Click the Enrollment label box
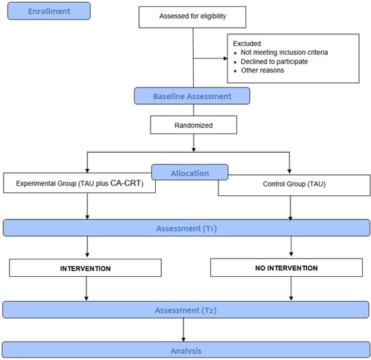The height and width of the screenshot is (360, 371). tap(49, 11)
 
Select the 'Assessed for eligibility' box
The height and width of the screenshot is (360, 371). tap(192, 17)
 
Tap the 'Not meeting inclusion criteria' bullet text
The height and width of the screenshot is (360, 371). tap(284, 52)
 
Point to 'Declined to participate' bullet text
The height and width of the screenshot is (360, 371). tap(275, 61)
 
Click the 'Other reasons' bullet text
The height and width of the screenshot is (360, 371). tap(262, 70)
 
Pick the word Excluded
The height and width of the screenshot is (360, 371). tap(247, 44)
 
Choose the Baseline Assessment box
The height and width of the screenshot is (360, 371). tap(192, 96)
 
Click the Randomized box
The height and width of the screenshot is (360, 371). tap(194, 125)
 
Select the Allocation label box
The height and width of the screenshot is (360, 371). tap(190, 173)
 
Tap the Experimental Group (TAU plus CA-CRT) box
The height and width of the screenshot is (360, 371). tap(80, 183)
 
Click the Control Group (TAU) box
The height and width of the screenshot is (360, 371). tap(294, 186)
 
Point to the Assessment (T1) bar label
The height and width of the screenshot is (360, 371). tap(186, 228)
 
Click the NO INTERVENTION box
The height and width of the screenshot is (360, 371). tap(287, 267)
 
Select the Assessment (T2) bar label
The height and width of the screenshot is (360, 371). tap(185, 310)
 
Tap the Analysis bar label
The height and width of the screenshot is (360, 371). tap(186, 351)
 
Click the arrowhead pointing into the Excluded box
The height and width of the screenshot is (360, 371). tap(225, 58)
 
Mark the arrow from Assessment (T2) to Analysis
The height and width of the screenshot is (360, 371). tap(183, 330)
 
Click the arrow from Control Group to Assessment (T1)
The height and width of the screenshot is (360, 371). tap(290, 208)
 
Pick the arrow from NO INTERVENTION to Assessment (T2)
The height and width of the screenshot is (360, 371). tap(291, 288)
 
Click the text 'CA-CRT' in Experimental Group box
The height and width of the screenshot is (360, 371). tap(125, 183)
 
